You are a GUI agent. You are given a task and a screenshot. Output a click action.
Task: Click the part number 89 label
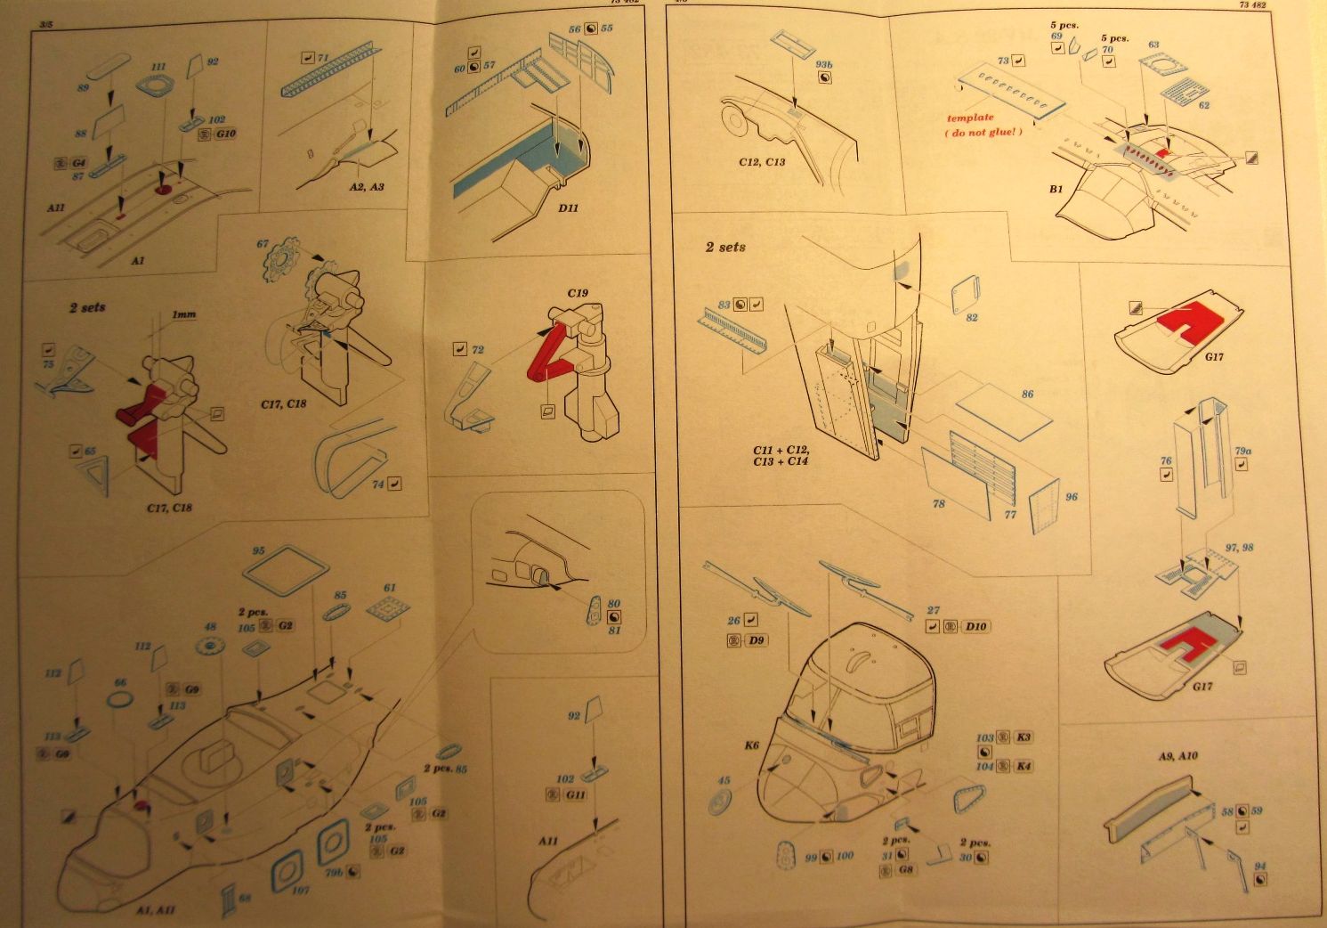(x=83, y=87)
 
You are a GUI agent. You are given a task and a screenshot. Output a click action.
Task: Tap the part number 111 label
(x=158, y=67)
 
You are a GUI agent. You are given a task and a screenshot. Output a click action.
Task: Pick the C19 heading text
(x=579, y=292)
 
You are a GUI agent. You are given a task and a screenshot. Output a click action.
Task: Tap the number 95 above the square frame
(x=258, y=551)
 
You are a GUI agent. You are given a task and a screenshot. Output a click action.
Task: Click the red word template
(x=970, y=118)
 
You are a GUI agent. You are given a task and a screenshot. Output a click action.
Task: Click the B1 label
(x=1056, y=189)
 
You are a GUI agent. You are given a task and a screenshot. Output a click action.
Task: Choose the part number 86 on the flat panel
(x=1028, y=394)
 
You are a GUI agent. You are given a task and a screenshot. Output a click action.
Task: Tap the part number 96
(x=1071, y=497)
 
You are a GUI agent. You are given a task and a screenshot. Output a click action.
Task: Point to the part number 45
(x=724, y=781)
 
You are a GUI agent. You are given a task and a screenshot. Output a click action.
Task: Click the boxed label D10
(x=976, y=627)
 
